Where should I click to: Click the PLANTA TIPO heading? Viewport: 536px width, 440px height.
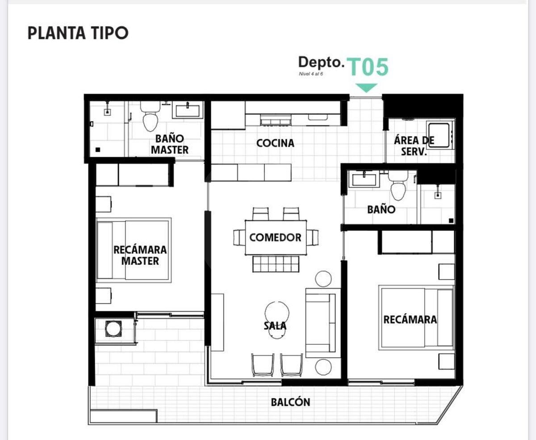(x=78, y=33)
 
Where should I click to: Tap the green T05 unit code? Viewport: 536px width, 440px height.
(x=368, y=67)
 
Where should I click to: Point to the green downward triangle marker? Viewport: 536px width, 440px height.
(x=366, y=88)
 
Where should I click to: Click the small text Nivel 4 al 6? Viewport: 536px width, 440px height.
(x=311, y=74)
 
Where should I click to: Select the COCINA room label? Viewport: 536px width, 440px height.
(x=275, y=143)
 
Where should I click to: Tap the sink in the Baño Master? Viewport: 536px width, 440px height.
(x=188, y=110)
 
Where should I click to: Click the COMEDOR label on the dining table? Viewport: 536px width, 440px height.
(x=275, y=237)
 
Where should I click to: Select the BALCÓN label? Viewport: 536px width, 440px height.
(x=290, y=402)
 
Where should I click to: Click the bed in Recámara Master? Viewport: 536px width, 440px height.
(x=134, y=250)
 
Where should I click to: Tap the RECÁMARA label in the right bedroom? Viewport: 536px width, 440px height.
(x=410, y=319)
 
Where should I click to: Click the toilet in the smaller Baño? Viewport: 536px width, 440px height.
(x=398, y=186)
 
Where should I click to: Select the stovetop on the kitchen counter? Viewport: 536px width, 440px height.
(x=276, y=120)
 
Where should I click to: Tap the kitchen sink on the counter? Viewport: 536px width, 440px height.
(x=318, y=117)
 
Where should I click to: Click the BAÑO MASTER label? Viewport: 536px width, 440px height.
(x=170, y=144)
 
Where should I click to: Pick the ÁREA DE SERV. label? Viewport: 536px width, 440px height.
(x=414, y=146)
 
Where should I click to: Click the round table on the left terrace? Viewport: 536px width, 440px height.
(x=113, y=329)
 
